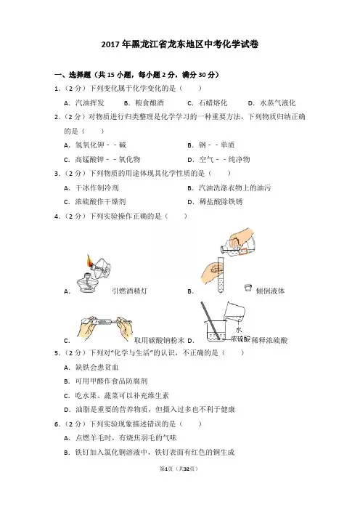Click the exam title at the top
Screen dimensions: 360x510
180,44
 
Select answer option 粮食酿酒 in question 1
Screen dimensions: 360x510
150,103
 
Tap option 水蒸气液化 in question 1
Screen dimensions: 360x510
278,103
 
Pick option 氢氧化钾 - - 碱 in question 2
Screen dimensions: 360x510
101,145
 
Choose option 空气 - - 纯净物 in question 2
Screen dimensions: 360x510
224,159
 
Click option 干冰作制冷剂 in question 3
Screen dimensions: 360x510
97,187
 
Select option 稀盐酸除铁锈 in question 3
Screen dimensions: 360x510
221,202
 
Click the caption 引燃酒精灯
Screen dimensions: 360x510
129,291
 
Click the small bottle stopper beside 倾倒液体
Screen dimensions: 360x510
248,288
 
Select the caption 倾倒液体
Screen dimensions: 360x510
270,291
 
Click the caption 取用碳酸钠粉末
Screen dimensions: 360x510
159,340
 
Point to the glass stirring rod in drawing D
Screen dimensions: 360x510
210,320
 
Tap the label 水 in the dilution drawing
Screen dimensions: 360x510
239,330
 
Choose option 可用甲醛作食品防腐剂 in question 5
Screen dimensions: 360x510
112,381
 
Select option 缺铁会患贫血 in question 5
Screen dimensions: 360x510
97,367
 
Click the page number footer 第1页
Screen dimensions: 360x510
166,469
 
